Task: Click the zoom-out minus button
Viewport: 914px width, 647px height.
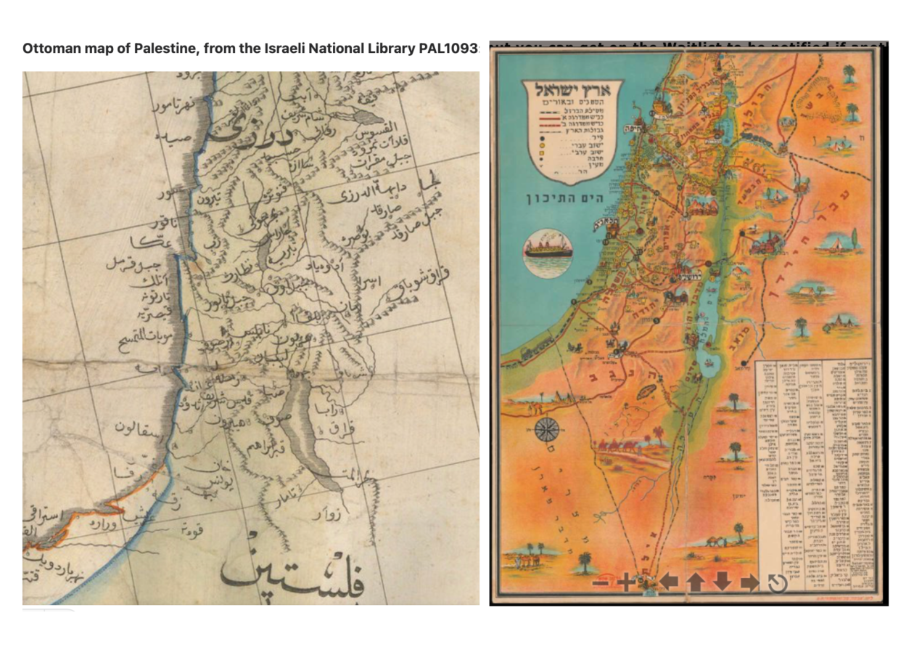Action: tap(601, 582)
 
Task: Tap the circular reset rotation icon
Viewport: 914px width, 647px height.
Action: tap(777, 582)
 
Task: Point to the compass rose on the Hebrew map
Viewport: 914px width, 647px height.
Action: tap(545, 430)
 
